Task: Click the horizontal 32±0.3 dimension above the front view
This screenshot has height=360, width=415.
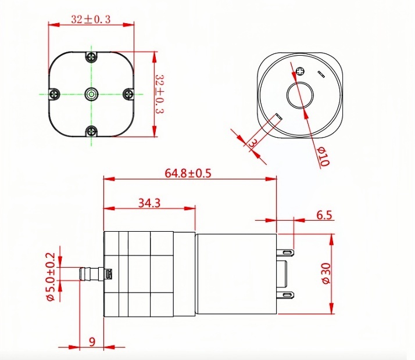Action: pyautogui.click(x=90, y=19)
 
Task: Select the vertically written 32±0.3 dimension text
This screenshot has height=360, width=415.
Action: pyautogui.click(x=161, y=95)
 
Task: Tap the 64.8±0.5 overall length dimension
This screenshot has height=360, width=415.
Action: pyautogui.click(x=188, y=172)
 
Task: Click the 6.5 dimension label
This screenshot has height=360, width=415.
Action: pyautogui.click(x=324, y=215)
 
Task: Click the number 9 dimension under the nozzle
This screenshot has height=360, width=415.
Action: pyautogui.click(x=91, y=341)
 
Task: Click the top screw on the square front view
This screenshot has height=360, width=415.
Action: pyautogui.click(x=91, y=56)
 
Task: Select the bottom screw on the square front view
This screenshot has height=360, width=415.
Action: pyautogui.click(x=91, y=131)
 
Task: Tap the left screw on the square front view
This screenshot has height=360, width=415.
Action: pyautogui.click(x=53, y=93)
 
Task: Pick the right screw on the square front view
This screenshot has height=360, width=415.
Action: pyautogui.click(x=129, y=93)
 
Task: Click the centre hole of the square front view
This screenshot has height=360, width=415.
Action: pyautogui.click(x=91, y=93)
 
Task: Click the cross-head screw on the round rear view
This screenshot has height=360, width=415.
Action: pyautogui.click(x=300, y=71)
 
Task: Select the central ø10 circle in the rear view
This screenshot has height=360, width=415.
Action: pyautogui.click(x=299, y=94)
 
